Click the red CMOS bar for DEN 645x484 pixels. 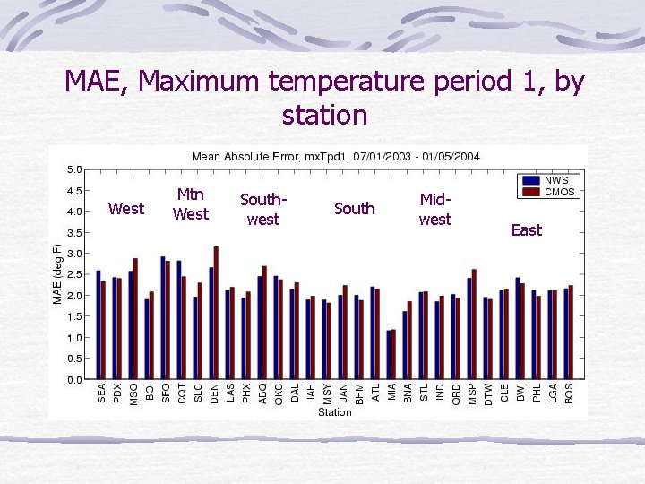tap(216, 313)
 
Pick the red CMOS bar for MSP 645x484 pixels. tap(474, 324)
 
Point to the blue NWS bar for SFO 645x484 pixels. tap(163, 317)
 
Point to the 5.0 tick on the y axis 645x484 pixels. tap(75, 169)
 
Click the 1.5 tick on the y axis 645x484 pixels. tap(75, 316)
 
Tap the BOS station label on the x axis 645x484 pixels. tap(569, 393)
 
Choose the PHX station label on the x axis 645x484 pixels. tap(246, 393)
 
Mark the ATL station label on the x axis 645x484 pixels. tap(375, 393)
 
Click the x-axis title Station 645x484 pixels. tap(335, 412)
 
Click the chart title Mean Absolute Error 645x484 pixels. tap(335, 156)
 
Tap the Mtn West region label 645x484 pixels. tap(190, 204)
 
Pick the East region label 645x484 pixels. tap(526, 230)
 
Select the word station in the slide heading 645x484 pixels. tap(324, 115)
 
